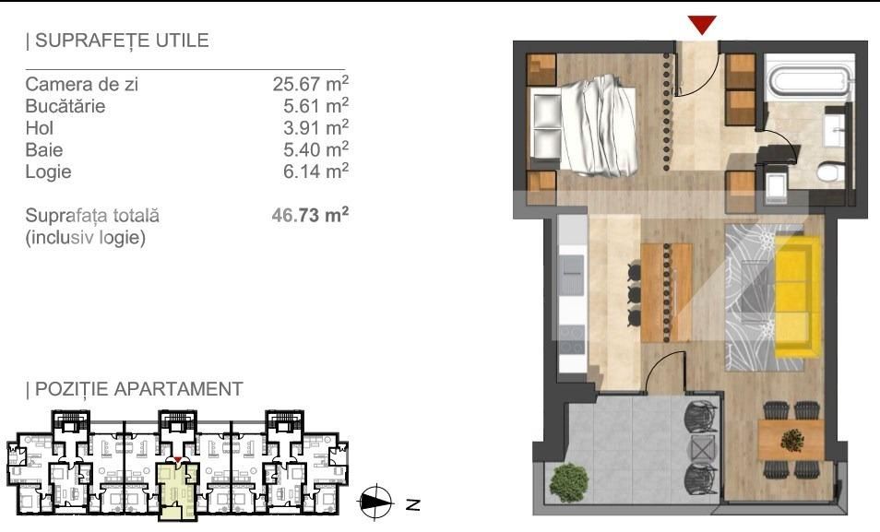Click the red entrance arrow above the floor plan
702,25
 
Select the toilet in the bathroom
830,171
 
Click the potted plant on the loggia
569,482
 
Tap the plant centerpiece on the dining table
791,440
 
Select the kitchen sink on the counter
573,275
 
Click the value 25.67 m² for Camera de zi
310,83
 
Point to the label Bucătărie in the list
65,106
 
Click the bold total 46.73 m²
310,215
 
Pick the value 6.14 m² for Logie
315,171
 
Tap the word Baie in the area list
43,150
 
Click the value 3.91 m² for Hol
315,127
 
